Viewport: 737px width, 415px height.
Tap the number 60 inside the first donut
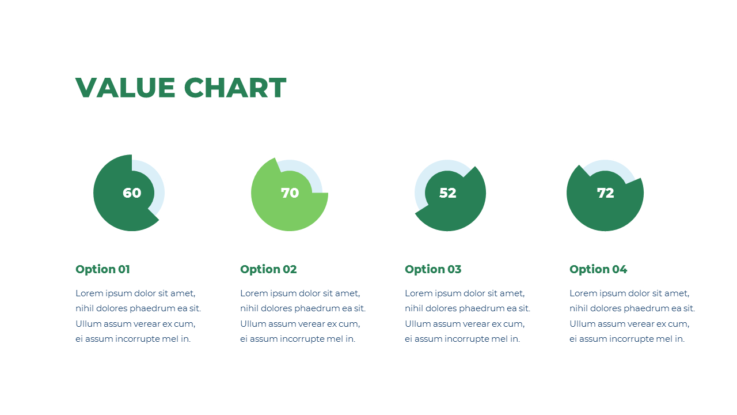point(132,193)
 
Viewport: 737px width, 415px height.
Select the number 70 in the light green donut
point(290,193)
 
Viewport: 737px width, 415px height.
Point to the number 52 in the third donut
point(447,193)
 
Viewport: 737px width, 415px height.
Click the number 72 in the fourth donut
point(605,193)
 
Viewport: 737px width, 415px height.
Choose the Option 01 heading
point(102,269)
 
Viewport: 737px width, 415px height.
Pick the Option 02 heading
point(268,269)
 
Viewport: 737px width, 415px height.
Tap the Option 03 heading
point(433,269)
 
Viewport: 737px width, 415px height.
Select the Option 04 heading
point(598,269)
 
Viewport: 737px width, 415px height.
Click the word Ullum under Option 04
point(583,324)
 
